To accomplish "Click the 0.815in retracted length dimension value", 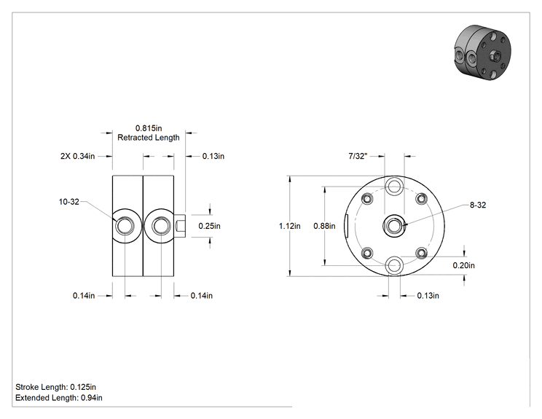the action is click(149, 128).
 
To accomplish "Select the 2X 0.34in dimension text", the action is click(77, 156).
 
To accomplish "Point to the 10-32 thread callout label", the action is click(69, 202).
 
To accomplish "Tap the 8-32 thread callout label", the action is click(478, 205).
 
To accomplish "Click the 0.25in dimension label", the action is click(210, 226).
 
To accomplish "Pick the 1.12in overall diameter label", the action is click(290, 226).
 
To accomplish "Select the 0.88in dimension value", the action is click(324, 226).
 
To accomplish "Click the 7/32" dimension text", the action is click(358, 156).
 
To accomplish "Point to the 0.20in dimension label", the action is click(464, 265).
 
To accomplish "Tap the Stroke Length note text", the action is click(55, 387).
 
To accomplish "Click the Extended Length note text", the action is click(59, 398).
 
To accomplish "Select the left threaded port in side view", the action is click(125, 226).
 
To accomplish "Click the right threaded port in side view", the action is click(160, 226).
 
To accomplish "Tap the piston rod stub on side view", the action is click(180, 226).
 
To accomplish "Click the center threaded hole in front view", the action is click(393, 226).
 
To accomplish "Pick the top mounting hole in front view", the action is click(394, 187).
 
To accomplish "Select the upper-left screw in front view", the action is click(367, 199).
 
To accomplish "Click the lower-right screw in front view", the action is click(421, 253).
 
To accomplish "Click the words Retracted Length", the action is click(149, 138).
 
